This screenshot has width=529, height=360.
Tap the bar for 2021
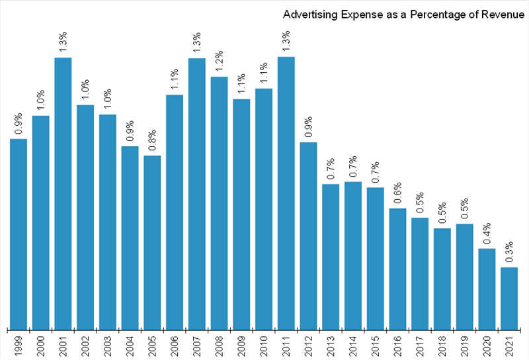click(x=509, y=298)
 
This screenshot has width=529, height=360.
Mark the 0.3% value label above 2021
click(x=509, y=253)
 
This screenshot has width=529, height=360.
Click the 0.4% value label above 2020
click(x=487, y=234)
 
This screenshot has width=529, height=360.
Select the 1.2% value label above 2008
click(x=219, y=62)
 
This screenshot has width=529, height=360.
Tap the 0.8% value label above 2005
click(x=152, y=140)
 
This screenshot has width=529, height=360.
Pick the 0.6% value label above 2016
click(x=397, y=193)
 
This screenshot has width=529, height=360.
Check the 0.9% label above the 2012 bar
click(x=309, y=127)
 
